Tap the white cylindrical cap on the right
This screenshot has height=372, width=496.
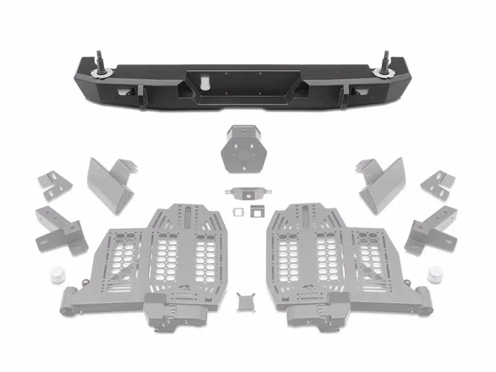[x=435, y=274]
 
